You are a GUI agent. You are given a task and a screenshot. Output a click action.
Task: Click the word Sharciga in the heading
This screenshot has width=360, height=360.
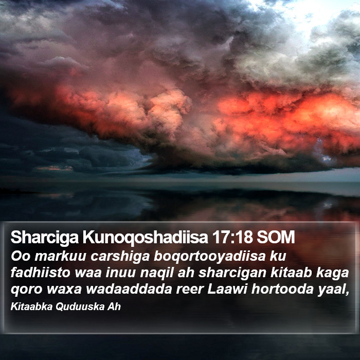(45, 238)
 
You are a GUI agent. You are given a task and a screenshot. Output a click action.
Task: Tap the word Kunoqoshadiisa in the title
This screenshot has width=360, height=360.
(146, 238)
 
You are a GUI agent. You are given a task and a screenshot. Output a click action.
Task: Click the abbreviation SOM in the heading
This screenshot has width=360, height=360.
(276, 238)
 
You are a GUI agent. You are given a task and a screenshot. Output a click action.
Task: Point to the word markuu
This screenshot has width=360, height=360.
(60, 256)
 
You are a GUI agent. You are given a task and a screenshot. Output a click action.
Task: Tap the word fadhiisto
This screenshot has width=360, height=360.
(41, 273)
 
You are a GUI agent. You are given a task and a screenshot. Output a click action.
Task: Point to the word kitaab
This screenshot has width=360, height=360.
(291, 273)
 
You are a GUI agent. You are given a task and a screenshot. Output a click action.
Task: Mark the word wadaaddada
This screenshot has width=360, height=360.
(129, 289)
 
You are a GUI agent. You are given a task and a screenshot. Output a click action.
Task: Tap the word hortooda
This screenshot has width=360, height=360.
(282, 289)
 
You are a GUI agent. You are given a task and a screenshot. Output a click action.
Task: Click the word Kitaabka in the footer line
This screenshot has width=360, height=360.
(31, 307)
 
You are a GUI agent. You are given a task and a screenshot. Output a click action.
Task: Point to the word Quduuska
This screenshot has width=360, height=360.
(80, 307)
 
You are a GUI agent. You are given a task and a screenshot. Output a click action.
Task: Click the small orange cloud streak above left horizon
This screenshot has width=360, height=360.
(55, 169)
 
